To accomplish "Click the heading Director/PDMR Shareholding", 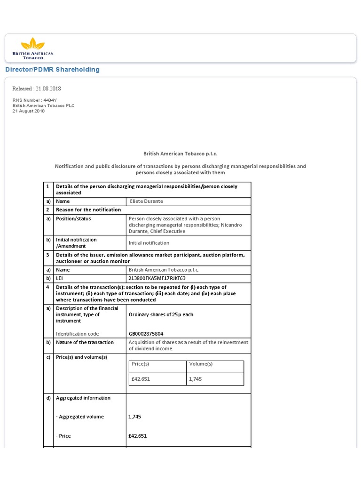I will coord(52,70).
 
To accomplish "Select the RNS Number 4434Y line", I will coord(34,100).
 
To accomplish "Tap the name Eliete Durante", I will coord(147,201).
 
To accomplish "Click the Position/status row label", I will coord(73,219).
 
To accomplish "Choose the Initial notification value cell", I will coord(149,243).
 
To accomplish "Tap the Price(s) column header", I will coord(141,364).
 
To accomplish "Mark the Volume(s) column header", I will coord(201,364).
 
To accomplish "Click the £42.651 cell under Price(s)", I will coord(141,379).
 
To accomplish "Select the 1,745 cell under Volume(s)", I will coord(195,379).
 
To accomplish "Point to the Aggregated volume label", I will coord(80,417).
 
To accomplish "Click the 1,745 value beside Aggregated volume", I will coord(135,417).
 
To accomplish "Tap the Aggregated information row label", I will coord(83,398).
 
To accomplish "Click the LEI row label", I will coord(60,278).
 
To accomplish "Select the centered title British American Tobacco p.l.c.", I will coord(180,153).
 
